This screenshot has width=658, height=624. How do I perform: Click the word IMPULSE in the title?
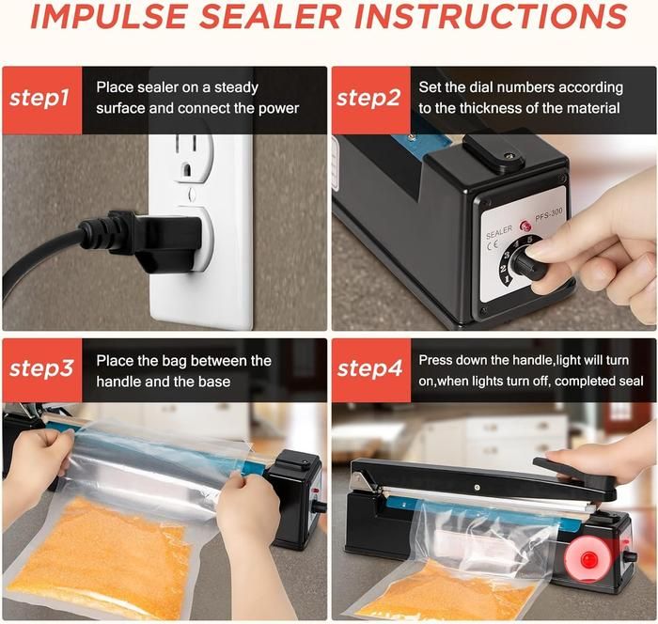(x=108, y=17)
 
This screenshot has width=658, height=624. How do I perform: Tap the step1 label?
(x=39, y=99)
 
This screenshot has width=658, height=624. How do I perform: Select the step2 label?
(x=368, y=99)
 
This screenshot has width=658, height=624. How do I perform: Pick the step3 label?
(x=41, y=369)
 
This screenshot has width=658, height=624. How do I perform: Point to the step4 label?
(x=369, y=369)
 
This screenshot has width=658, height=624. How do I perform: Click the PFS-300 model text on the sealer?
(x=548, y=215)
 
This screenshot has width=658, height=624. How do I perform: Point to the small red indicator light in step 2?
(x=525, y=226)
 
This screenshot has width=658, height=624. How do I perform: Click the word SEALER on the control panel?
(x=499, y=231)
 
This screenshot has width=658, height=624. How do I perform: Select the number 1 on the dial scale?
(x=507, y=279)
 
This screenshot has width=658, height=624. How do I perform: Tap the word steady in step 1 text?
(x=236, y=88)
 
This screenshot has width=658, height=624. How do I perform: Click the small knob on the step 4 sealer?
(x=629, y=557)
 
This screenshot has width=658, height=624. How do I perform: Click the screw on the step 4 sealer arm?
(x=477, y=487)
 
